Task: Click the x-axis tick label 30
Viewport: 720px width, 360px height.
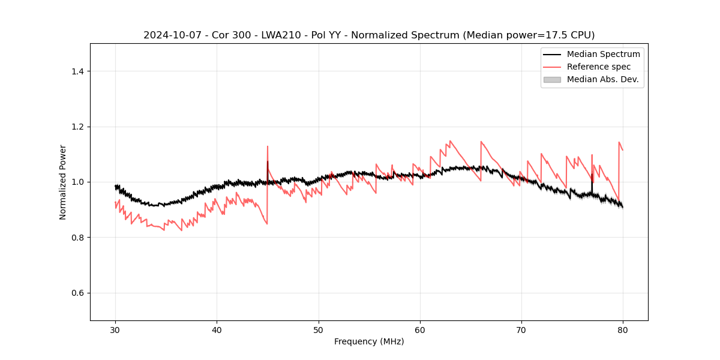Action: pyautogui.click(x=115, y=329)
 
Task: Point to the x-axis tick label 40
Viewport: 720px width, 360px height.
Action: pyautogui.click(x=217, y=329)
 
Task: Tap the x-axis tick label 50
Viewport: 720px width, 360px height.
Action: pyautogui.click(x=318, y=329)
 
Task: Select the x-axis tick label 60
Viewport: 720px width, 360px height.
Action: pyautogui.click(x=420, y=329)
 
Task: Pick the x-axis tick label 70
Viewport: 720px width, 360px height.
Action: pyautogui.click(x=521, y=329)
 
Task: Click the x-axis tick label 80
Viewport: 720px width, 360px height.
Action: pyautogui.click(x=623, y=329)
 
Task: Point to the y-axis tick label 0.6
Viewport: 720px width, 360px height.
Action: pyautogui.click(x=77, y=293)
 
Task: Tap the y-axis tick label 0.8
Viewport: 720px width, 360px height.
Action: pyautogui.click(x=77, y=238)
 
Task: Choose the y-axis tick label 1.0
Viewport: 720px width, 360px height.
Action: pyautogui.click(x=77, y=182)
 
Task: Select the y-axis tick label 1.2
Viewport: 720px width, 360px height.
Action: pyautogui.click(x=77, y=127)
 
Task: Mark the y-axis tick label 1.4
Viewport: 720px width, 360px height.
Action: pyautogui.click(x=77, y=71)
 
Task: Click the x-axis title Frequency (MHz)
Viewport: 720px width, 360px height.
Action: pyautogui.click(x=369, y=341)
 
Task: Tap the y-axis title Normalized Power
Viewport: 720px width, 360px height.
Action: pyautogui.click(x=63, y=182)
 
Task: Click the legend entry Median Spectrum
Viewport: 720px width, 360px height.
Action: pyautogui.click(x=603, y=54)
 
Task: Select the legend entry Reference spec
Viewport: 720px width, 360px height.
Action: pyautogui.click(x=599, y=67)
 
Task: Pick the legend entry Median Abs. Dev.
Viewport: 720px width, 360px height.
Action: pyautogui.click(x=602, y=79)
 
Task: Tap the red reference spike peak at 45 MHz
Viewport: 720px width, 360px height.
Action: pyautogui.click(x=268, y=146)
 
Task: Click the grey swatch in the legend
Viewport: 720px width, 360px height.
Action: pyautogui.click(x=552, y=79)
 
